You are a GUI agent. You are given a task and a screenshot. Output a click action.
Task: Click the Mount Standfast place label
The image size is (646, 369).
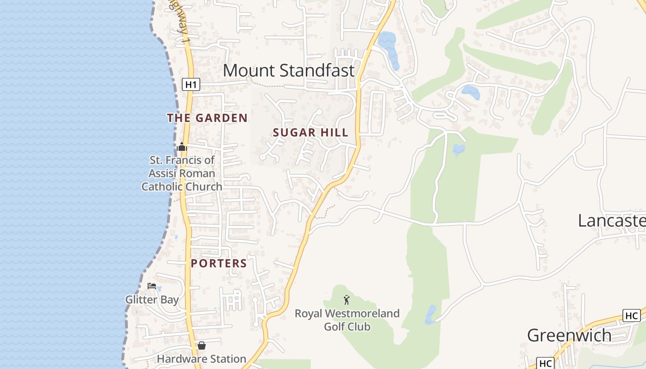pos(289,71)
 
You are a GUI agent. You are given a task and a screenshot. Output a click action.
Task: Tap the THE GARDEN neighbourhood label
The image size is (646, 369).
pos(207,118)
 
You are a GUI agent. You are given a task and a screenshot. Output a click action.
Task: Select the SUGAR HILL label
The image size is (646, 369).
pos(311,133)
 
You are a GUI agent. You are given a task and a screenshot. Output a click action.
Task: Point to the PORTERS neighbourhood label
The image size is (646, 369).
pos(219,263)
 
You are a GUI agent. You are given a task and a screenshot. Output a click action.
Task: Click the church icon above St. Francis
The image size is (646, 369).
pos(182,147)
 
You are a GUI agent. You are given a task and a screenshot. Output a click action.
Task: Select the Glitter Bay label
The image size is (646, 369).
pos(152,300)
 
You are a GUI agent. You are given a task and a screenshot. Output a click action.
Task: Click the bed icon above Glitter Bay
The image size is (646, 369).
pos(152,286)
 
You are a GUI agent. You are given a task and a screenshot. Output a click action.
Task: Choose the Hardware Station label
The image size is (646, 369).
pos(201,359)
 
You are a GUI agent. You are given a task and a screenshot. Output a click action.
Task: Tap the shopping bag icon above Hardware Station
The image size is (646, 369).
pos(202,345)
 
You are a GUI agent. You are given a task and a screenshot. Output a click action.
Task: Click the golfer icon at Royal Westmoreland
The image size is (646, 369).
pos(347,300)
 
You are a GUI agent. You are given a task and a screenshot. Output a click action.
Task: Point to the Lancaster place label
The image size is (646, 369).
pos(611,221)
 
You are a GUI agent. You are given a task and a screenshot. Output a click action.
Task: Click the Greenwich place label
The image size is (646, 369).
pos(569,335)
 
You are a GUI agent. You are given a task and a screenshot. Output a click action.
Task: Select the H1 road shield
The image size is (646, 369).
pos(191,84)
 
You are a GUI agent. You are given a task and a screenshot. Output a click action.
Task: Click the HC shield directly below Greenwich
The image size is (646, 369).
pos(546,363)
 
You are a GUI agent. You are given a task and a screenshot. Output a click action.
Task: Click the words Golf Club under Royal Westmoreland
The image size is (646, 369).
pos(347,327)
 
